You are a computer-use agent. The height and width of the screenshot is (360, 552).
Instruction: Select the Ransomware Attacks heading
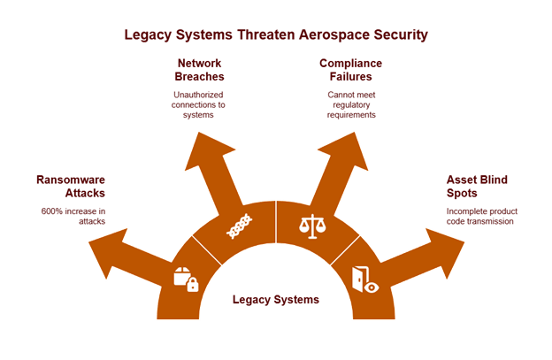[x=71, y=186]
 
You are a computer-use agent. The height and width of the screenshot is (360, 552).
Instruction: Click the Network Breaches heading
[x=199, y=70]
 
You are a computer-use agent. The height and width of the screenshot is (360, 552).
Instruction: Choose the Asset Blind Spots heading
[x=477, y=186]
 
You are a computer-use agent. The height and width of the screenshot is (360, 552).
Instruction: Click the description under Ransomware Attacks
[x=73, y=216]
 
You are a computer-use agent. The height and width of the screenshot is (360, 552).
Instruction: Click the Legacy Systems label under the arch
[x=275, y=300]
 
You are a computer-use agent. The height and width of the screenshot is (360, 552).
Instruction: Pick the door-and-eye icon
[x=364, y=279]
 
